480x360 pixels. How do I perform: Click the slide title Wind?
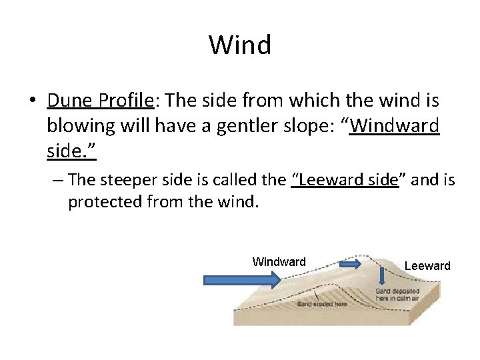coord(240,45)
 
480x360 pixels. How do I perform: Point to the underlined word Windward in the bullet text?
coord(394,127)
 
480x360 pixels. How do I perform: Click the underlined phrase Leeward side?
coord(345,180)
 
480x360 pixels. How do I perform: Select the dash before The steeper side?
coord(58,180)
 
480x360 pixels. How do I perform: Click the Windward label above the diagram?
coord(279,262)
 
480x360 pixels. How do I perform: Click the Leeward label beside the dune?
coord(427,266)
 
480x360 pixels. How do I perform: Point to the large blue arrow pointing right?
coord(242,281)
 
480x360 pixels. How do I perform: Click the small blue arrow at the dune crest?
coord(350,265)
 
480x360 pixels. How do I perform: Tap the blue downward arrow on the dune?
coord(382,275)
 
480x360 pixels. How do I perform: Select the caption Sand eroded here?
coord(322,304)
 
